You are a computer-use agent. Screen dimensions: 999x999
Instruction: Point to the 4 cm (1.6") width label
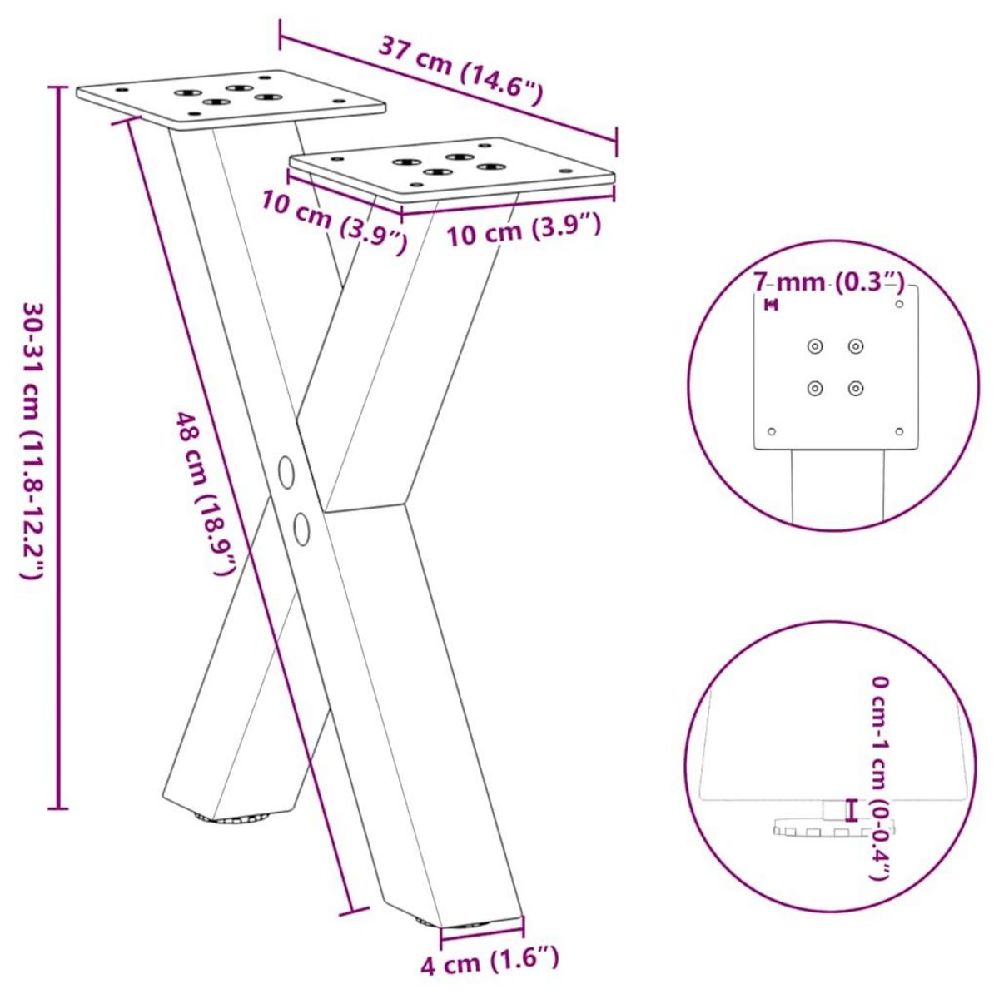pyautogui.click(x=490, y=963)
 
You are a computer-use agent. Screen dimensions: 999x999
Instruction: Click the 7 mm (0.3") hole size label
pyautogui.click(x=828, y=281)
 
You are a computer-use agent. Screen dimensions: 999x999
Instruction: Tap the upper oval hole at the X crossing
pyautogui.click(x=287, y=472)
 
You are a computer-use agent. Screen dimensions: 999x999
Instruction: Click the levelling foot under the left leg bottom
pyautogui.click(x=226, y=818)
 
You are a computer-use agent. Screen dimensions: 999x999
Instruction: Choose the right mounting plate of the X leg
pyautogui.click(x=452, y=167)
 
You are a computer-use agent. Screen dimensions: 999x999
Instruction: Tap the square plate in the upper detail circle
pyautogui.click(x=836, y=366)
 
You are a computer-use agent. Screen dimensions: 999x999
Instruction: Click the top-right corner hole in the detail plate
pyautogui.click(x=898, y=305)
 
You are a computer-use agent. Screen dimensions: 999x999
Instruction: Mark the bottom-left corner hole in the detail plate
pyautogui.click(x=772, y=431)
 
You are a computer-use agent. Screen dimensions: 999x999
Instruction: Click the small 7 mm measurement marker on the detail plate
pyautogui.click(x=772, y=306)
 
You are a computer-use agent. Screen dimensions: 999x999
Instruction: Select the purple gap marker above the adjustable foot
pyautogui.click(x=850, y=808)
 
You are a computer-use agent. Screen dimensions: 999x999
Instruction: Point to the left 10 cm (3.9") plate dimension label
pyautogui.click(x=334, y=221)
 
